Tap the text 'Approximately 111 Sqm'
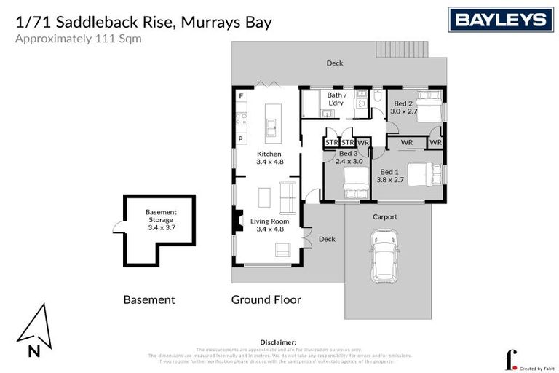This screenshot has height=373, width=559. pos(79,39)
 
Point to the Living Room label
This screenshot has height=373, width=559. pos(269,225)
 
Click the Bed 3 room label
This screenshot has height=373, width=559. pos(349,158)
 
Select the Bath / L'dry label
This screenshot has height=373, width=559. pos(336,99)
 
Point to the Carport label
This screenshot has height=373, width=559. pos(385,216)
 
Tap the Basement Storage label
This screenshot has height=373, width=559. pos(162,219)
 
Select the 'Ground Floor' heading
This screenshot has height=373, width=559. pos(266,299)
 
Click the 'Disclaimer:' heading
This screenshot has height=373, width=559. pos(278,341)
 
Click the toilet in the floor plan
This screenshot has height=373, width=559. pos(378,97)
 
